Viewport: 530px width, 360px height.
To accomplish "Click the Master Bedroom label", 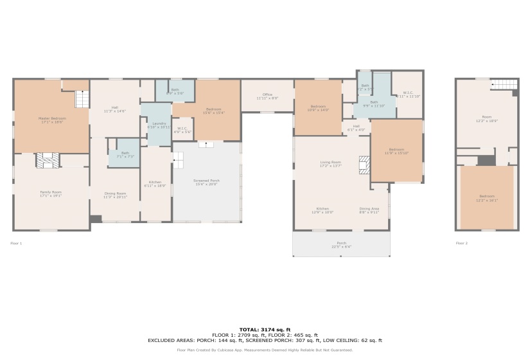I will [52, 118].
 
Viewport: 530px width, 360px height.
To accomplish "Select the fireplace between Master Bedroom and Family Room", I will [48, 160].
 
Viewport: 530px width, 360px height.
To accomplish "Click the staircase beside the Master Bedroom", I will [82, 100].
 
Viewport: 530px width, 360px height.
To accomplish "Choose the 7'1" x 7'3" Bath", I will [125, 153].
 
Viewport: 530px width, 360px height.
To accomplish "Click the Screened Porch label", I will [207, 181].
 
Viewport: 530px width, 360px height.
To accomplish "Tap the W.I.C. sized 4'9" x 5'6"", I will [182, 129].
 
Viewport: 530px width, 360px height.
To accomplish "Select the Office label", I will [267, 94].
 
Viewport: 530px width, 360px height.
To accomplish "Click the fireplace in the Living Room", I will [364, 164].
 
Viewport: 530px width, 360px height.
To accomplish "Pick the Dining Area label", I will [369, 209].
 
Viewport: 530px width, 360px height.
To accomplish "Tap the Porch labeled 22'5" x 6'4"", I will [341, 243].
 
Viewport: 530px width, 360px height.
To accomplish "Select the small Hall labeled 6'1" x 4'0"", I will [356, 127].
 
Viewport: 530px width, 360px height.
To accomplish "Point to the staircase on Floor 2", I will [504, 85].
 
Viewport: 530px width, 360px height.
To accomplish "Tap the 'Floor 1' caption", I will [16, 243].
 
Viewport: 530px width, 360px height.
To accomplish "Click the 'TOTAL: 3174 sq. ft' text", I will [264, 329].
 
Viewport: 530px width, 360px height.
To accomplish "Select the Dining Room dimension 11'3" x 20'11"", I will [116, 196].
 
